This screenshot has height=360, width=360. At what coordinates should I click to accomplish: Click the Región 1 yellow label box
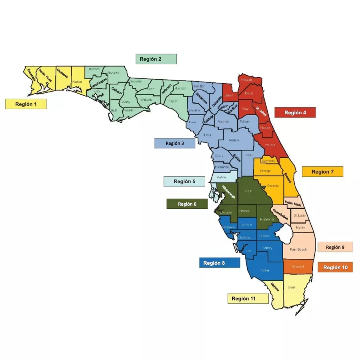26,104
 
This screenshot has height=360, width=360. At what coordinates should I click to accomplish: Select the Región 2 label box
156,59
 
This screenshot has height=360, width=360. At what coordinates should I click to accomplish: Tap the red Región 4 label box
295,112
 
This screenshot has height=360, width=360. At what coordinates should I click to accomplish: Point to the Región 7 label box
322,172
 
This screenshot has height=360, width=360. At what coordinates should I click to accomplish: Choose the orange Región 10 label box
335,267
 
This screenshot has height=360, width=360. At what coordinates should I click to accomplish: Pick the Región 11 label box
248,298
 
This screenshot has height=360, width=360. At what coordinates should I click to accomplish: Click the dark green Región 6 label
187,204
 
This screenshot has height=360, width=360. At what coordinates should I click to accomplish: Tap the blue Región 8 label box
219,263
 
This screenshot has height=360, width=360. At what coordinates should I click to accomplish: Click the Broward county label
298,266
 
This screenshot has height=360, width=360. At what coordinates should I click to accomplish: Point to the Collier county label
265,270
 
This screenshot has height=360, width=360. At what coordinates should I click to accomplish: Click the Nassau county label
246,80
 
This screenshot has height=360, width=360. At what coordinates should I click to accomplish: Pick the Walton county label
77,82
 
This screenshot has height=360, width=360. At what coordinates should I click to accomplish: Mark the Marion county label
234,140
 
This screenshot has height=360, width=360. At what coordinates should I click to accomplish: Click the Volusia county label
270,145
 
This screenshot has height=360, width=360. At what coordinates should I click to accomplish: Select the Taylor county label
172,101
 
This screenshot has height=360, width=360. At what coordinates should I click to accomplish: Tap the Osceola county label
273,186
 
